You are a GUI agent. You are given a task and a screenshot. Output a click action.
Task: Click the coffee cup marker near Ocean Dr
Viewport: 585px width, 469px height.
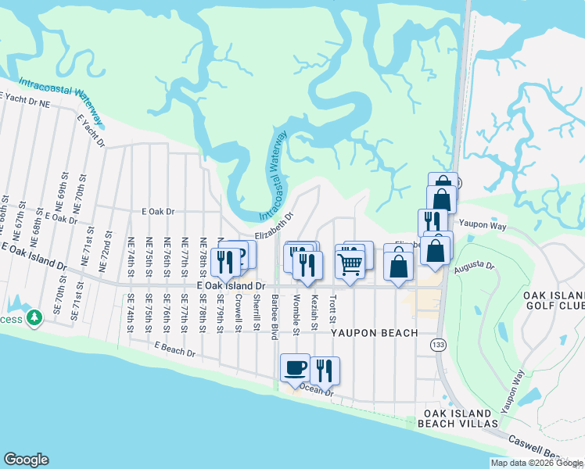pyautogui.click(x=295, y=369)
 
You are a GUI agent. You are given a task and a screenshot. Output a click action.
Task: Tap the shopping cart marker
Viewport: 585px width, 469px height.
pyautogui.click(x=350, y=263)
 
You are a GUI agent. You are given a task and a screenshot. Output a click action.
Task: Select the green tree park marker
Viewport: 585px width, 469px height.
pyautogui.click(x=33, y=318)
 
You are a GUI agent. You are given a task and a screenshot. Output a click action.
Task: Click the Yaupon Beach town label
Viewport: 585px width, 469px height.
pyautogui.click(x=373, y=333)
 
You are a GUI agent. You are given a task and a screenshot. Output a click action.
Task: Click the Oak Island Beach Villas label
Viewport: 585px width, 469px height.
pyautogui.click(x=461, y=418)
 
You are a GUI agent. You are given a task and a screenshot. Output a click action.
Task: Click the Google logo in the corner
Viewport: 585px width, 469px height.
pyautogui.click(x=26, y=460)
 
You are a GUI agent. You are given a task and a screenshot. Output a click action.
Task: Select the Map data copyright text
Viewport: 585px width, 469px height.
pyautogui.click(x=536, y=463)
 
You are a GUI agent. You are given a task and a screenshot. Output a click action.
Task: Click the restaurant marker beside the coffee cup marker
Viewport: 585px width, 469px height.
pyautogui.click(x=325, y=371)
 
